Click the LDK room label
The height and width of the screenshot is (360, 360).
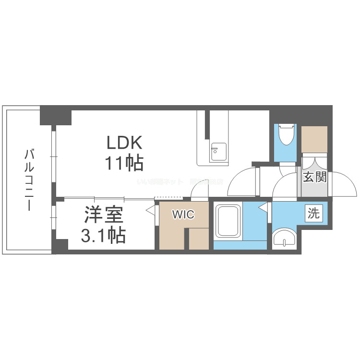[124, 143]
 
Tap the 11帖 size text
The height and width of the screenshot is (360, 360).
[124, 164]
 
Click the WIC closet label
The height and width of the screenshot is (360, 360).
[184, 215]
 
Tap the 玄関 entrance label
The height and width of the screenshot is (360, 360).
[314, 177]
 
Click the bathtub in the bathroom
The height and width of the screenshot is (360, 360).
[228, 222]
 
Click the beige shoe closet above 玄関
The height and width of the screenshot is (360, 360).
[314, 139]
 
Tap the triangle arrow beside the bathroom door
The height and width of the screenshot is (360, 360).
[263, 208]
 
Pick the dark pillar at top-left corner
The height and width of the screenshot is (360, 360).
[56, 116]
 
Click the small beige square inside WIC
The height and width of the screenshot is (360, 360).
[198, 239]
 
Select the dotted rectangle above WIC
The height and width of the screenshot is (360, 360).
[168, 198]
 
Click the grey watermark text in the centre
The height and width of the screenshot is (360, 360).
[180, 182]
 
